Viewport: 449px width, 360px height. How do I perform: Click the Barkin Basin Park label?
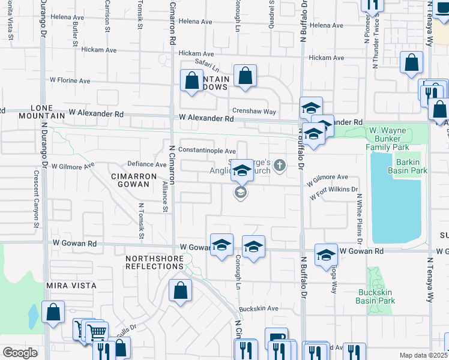pyautogui.click(x=410, y=166)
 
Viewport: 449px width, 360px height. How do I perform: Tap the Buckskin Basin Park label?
pyautogui.click(x=375, y=296)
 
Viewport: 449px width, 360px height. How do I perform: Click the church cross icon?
pyautogui.click(x=280, y=166)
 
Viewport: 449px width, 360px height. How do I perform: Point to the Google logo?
pyautogui.click(x=20, y=352)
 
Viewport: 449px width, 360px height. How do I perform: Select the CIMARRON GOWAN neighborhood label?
pyautogui.click(x=133, y=180)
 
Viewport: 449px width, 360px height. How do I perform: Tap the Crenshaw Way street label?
pyautogui.click(x=254, y=112)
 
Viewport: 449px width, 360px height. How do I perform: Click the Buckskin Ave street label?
pyautogui.click(x=259, y=308)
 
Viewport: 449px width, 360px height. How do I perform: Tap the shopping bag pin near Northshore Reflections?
pyautogui.click(x=180, y=292)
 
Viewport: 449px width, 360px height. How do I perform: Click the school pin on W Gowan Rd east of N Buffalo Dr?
pyautogui.click(x=326, y=254)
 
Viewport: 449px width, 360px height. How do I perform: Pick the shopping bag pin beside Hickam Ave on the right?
pyautogui.click(x=411, y=62)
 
